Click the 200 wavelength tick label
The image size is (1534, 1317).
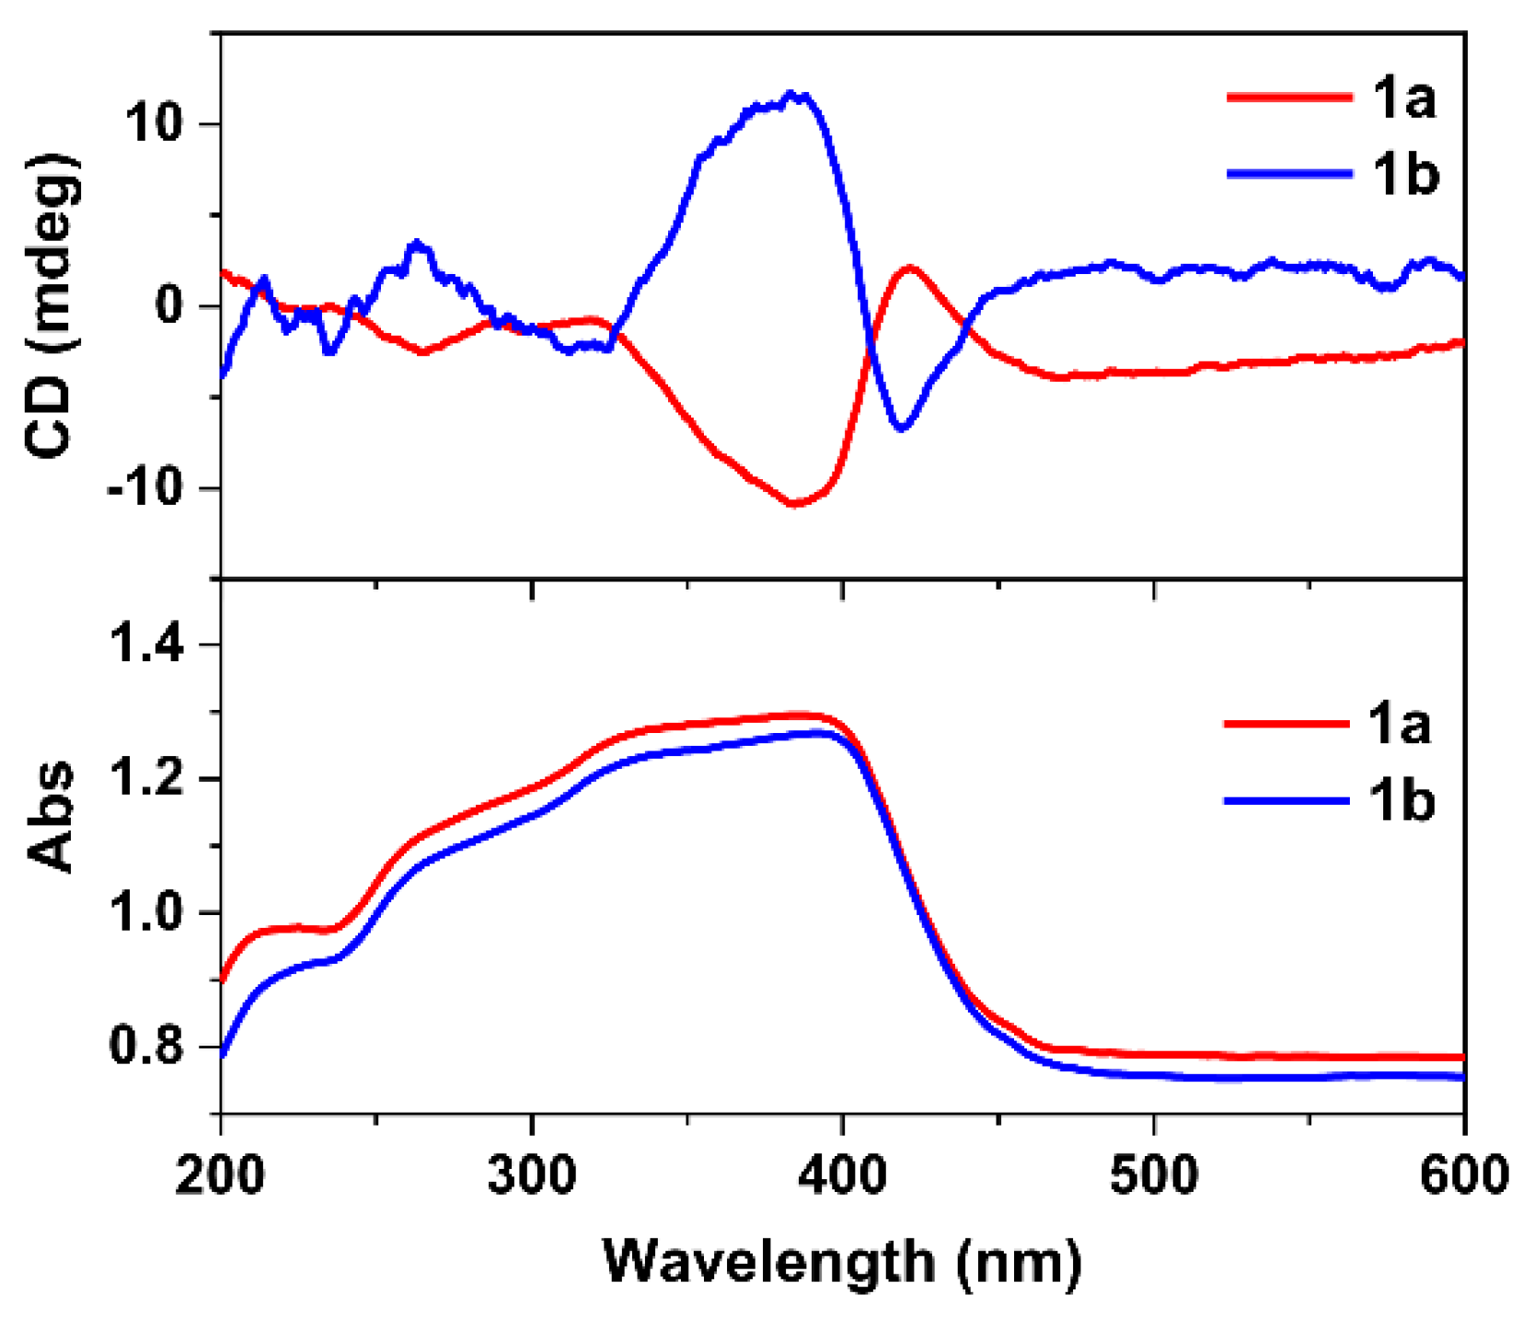click(221, 1174)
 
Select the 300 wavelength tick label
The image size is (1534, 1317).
click(532, 1174)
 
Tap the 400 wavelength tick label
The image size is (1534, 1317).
click(843, 1174)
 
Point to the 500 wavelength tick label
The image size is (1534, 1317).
click(1154, 1174)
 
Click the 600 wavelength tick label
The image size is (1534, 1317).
click(1463, 1174)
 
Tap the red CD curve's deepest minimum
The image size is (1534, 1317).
click(795, 504)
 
